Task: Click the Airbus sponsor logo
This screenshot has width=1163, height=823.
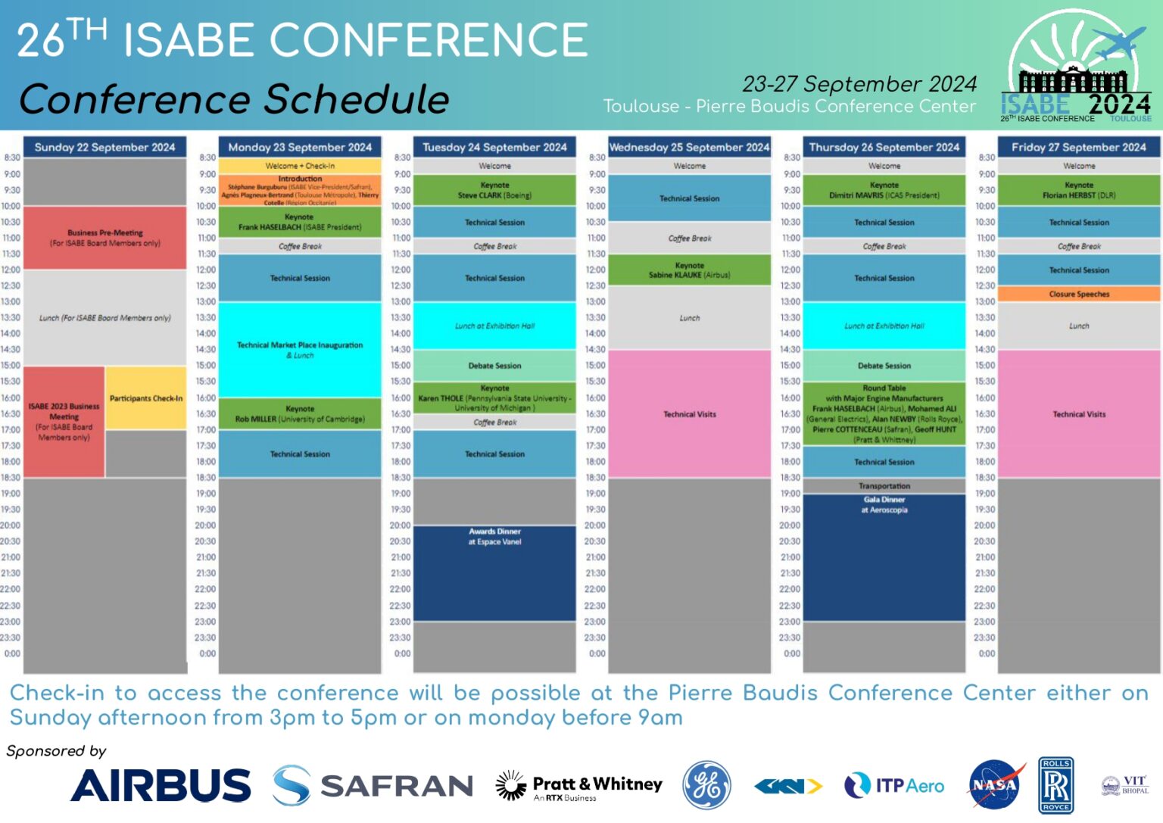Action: click(x=161, y=785)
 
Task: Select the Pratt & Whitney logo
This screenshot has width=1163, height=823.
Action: click(x=579, y=786)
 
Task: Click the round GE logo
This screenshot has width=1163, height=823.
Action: click(x=706, y=785)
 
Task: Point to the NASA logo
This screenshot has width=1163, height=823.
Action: click(x=995, y=785)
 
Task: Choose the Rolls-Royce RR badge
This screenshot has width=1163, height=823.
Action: click(x=1055, y=785)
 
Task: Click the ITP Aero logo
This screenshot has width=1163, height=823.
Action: click(x=894, y=786)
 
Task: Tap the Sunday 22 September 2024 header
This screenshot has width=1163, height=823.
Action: click(x=104, y=147)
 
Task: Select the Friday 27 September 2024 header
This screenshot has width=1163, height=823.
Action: click(x=1078, y=147)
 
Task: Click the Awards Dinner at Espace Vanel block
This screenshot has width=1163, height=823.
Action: click(x=494, y=572)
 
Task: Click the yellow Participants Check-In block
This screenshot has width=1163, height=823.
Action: click(x=146, y=398)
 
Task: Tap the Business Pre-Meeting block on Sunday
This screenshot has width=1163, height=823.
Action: click(x=104, y=238)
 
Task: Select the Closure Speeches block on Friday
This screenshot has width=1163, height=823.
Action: click(x=1079, y=294)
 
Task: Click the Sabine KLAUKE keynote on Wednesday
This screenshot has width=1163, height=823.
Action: click(x=689, y=270)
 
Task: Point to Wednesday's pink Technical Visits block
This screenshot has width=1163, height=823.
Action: click(x=689, y=413)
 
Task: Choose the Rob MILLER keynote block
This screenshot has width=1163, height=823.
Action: click(x=300, y=413)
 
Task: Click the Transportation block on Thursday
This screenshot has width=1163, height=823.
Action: click(x=884, y=486)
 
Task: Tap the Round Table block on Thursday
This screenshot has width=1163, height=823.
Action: click(x=884, y=413)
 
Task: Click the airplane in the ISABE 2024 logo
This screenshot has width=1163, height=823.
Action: click(x=1119, y=42)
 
